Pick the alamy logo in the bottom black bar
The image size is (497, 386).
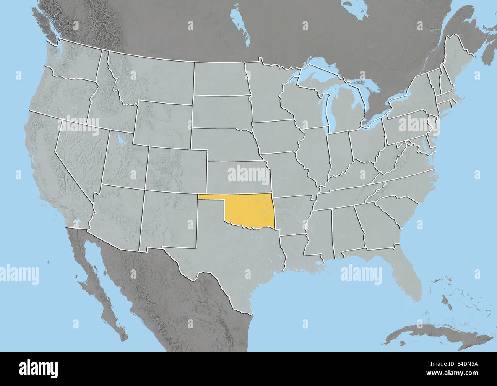click(x=39, y=368)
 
